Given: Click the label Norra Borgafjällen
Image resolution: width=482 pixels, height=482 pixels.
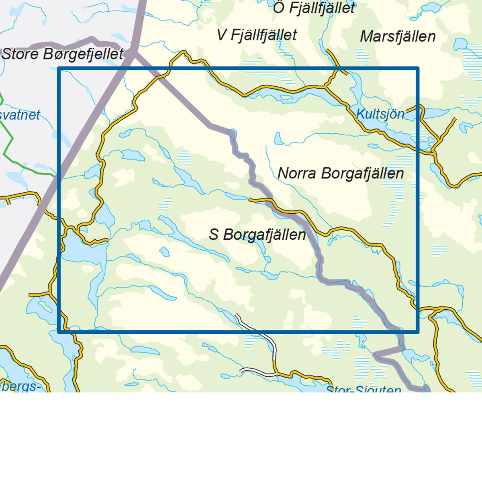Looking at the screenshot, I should click(341, 174).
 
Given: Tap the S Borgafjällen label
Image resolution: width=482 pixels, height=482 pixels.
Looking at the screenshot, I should click(257, 235).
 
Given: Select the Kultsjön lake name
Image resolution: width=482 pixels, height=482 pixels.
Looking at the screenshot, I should click(380, 114).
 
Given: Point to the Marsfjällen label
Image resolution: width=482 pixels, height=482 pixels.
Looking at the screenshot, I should click(398, 37).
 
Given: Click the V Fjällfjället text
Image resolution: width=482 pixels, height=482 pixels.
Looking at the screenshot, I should click(257, 35).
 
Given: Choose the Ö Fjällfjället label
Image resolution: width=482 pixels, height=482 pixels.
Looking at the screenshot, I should click(314, 8).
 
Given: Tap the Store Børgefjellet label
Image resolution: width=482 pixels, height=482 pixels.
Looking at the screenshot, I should click(63, 54).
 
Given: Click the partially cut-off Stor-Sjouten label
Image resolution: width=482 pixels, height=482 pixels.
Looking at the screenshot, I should click(364, 389).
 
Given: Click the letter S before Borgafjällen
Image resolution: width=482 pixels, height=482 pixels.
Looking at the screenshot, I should click(214, 235).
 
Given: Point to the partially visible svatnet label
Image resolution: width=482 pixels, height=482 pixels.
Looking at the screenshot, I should click(20, 115).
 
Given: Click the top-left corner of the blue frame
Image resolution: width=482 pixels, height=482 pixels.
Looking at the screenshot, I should click(59, 69).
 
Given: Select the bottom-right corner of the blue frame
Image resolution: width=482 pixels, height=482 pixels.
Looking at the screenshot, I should click(417, 332).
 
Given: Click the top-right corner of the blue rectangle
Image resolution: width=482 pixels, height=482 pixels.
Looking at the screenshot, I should click(417, 69).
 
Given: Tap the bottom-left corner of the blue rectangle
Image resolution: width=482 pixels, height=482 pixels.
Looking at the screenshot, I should click(59, 332).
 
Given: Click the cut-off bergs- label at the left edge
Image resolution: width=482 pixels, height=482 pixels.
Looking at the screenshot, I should click(20, 386).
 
